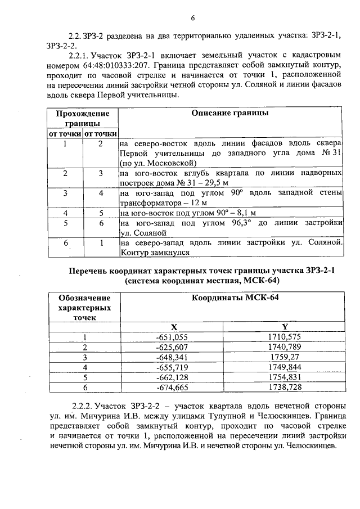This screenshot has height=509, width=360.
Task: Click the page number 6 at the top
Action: [192, 18]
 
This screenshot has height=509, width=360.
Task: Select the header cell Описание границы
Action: [231, 113]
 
